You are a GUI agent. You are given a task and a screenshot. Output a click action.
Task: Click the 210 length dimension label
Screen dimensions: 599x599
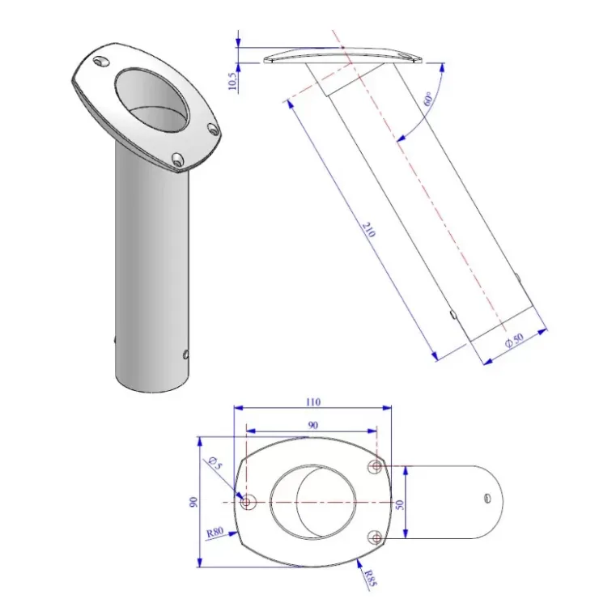[x=368, y=229]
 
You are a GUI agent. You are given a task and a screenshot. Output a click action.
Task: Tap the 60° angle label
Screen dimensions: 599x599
[x=428, y=99]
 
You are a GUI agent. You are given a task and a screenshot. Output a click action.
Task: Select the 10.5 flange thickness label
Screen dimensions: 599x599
[x=232, y=82]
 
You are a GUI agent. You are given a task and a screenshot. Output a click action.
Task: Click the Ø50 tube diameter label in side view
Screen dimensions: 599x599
[x=514, y=339]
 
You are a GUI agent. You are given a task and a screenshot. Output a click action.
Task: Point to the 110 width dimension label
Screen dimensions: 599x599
[x=313, y=401]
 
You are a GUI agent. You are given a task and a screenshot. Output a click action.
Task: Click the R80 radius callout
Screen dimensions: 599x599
[x=215, y=533]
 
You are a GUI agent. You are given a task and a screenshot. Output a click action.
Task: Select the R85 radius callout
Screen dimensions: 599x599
[x=370, y=578]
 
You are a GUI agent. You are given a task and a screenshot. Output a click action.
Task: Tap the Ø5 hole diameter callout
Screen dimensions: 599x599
[x=216, y=462]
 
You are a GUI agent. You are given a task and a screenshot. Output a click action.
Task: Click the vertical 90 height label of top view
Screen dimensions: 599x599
[x=193, y=502]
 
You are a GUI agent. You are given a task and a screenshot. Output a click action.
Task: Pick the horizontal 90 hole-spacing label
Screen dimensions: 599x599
[x=313, y=425]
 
